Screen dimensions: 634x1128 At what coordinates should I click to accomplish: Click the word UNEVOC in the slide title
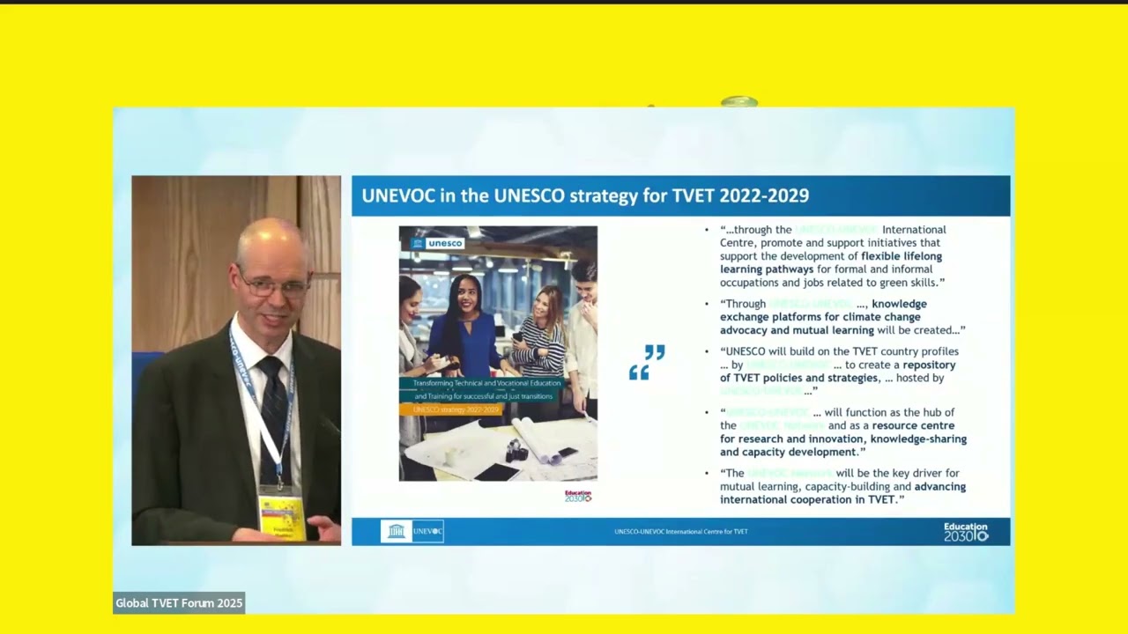(398, 195)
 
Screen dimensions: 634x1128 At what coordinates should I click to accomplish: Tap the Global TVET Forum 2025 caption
(179, 603)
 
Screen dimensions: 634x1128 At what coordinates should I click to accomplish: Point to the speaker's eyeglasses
(274, 286)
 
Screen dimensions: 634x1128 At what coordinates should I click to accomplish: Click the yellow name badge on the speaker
(281, 516)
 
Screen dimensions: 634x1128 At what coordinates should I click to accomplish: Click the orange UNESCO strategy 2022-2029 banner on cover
(455, 409)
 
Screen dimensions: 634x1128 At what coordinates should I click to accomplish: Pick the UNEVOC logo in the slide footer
(412, 531)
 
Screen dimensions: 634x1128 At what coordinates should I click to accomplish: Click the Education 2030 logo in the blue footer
(966, 531)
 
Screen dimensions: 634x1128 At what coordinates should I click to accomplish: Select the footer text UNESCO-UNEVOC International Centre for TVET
(680, 532)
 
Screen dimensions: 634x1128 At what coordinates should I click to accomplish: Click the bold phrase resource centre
(913, 425)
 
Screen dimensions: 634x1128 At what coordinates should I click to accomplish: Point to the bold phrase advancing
(939, 486)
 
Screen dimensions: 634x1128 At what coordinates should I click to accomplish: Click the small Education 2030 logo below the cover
(578, 496)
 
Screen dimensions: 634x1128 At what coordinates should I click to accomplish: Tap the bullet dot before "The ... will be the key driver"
(707, 474)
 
